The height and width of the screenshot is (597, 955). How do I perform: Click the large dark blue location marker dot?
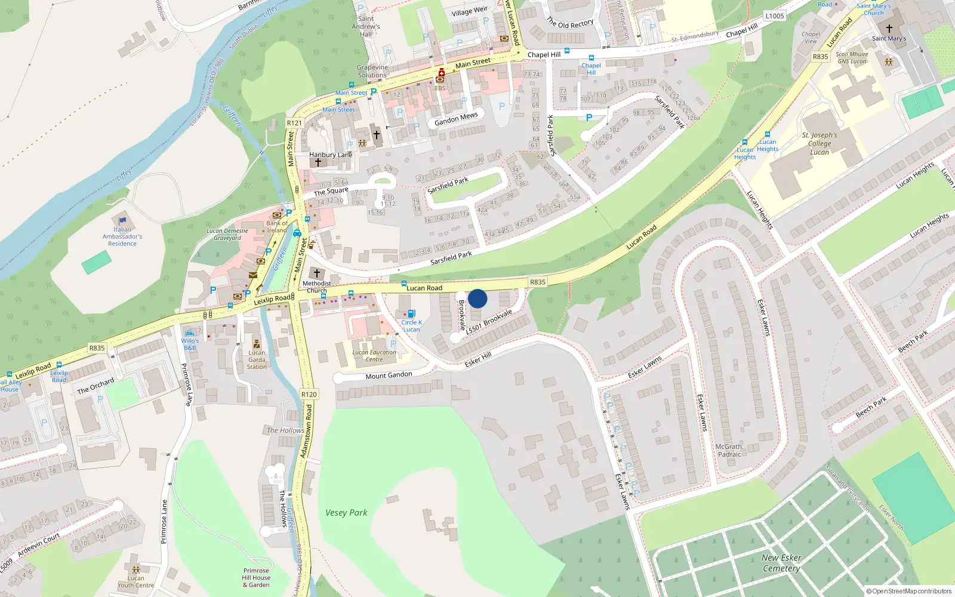478,298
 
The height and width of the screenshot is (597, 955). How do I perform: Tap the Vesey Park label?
346,513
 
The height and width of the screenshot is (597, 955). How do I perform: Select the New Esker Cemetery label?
781,563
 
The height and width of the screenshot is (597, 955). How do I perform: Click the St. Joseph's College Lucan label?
820,144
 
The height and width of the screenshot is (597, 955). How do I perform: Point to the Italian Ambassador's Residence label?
122,236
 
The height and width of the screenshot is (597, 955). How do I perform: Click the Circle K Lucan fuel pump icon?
411,313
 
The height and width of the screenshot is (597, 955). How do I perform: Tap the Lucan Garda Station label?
257,359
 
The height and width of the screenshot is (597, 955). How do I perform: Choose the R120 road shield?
309,394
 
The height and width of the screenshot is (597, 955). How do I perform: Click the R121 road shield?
294,123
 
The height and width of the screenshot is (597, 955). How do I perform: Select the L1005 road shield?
774,16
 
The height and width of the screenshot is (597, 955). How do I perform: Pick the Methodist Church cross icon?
317,273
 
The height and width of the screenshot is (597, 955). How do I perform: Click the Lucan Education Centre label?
374,356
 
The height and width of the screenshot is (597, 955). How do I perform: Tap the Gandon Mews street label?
456,119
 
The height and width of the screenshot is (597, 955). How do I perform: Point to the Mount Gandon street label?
389,376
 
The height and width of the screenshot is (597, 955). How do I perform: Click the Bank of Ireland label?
276,227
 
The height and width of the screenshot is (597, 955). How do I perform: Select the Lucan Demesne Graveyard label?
227,234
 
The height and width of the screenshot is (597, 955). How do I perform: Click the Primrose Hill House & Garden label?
256,577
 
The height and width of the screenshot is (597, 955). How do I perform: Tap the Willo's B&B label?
190,344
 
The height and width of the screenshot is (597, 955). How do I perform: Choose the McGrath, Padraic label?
729,450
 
